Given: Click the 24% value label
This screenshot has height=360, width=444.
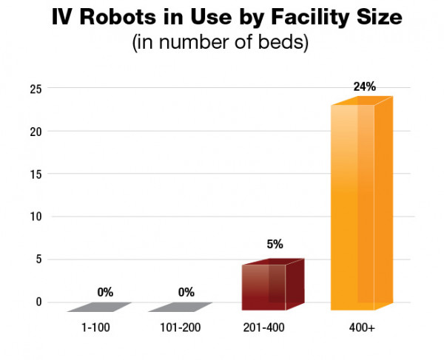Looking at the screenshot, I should pos(364,86).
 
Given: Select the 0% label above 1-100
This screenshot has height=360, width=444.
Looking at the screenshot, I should pos(104,292).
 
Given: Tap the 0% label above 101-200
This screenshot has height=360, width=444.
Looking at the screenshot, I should pos(186,292).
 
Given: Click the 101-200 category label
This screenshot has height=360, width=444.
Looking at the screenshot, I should pos(180,327).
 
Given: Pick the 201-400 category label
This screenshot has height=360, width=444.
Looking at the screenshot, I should pos(263,327).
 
